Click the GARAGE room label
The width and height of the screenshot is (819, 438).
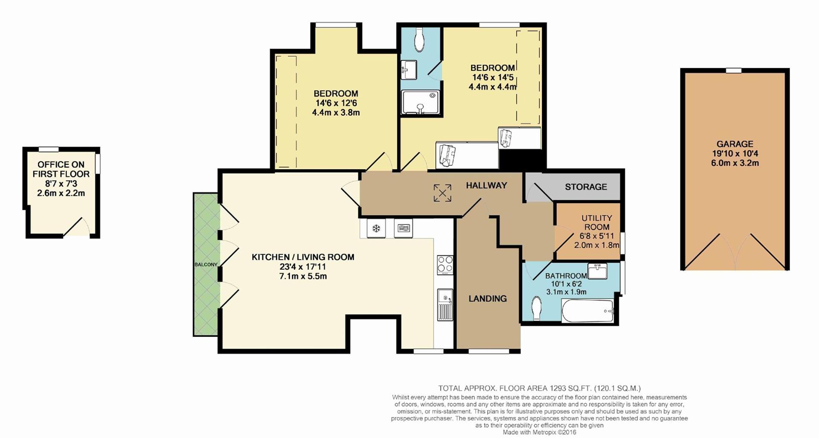[x=735, y=144]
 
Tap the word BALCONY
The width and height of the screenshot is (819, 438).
[x=206, y=265]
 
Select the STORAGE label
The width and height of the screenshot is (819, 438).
[x=586, y=187]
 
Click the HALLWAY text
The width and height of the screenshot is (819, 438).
[x=486, y=185]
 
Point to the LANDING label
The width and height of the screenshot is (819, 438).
[x=488, y=299]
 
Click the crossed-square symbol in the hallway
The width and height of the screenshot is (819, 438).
[x=442, y=193]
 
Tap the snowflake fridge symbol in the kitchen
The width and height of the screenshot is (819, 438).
[x=376, y=228]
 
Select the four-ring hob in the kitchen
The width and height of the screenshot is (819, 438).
[x=445, y=265]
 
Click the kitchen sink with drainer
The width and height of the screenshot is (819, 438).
[x=445, y=305]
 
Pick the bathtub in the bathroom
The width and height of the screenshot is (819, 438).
[x=588, y=311]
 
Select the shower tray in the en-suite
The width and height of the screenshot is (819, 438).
[x=420, y=102]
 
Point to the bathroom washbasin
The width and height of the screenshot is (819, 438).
[x=598, y=271]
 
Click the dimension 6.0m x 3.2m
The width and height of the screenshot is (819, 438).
[x=735, y=163]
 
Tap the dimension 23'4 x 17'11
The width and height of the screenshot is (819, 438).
[x=303, y=267]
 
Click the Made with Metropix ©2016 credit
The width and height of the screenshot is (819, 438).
[x=539, y=432]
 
